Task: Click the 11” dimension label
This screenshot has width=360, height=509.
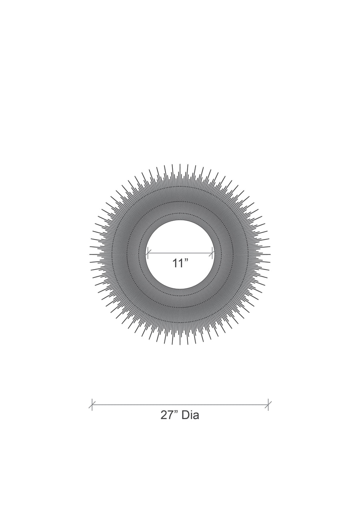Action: (180, 263)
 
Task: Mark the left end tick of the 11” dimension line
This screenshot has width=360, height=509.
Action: (148, 253)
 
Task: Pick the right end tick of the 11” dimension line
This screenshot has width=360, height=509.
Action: (212, 253)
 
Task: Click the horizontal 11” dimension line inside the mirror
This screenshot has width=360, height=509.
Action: (180, 253)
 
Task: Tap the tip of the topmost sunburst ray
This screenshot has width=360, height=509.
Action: (180, 164)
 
